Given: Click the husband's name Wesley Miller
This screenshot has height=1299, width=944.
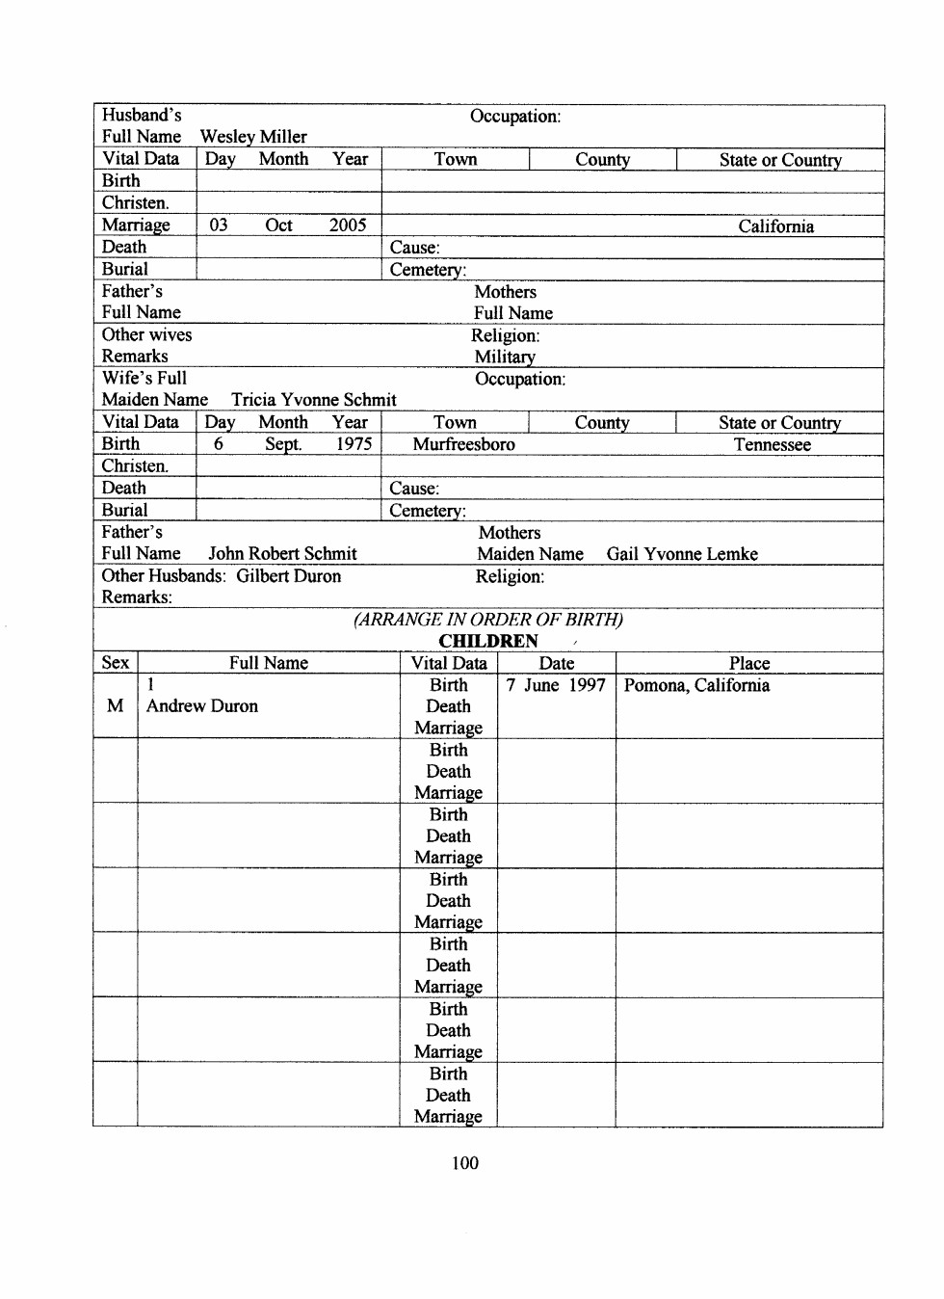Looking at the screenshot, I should coord(253,137).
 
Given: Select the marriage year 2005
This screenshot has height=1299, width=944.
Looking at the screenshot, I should coord(348,225).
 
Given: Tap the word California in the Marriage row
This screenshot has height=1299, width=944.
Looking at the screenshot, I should coord(775,226).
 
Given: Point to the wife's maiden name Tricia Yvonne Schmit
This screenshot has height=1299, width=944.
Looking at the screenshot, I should coord(313,400).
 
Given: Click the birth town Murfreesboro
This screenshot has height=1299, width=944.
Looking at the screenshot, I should coord(463,444).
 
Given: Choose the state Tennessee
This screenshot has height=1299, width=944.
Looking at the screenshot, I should coord(772,445).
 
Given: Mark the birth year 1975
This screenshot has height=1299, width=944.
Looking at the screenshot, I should coord(354,444).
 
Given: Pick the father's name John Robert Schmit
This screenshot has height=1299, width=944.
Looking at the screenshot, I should coord(282,554).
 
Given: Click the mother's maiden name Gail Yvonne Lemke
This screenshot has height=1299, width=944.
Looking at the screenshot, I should coord(682,554).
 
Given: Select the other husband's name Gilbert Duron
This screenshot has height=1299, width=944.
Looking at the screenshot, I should coord(288,576).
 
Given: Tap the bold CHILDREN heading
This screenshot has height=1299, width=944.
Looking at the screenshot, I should coord(488,642).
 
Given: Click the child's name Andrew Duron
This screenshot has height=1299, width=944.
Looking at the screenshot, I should coord(202,706).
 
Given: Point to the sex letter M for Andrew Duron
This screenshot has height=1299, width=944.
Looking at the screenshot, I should coord(116,706).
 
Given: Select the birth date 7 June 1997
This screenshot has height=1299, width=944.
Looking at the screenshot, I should coord(556,685).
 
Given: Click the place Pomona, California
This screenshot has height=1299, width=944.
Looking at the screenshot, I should coord(696,685).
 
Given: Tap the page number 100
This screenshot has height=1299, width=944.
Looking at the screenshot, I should coord(465,1163).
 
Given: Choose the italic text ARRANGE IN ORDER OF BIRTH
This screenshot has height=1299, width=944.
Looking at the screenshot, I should coord(488,620).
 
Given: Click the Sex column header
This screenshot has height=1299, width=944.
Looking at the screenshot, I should coord(116,663).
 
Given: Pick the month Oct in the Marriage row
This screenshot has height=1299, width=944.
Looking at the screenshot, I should coord(278,225).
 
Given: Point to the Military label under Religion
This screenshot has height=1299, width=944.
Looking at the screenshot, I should coord(505,357).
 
